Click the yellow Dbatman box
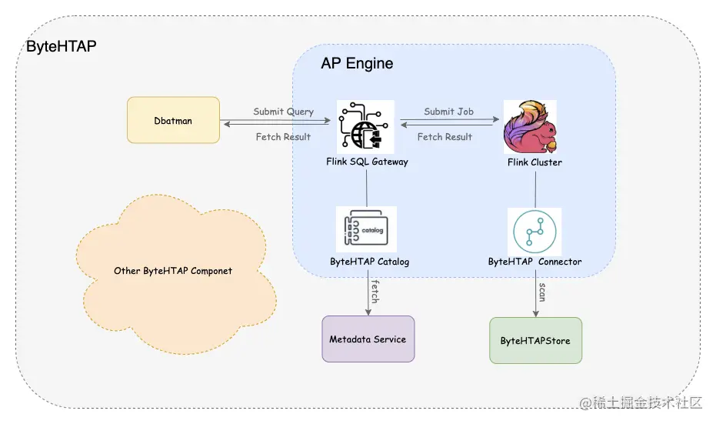(x=173, y=119)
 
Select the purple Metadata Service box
(x=368, y=339)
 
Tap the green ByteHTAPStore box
(x=535, y=340)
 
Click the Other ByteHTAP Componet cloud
(x=173, y=271)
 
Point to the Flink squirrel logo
(x=529, y=127)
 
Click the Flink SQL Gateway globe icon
(x=365, y=127)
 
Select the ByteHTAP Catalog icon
(x=366, y=229)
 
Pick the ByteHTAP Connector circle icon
(x=535, y=230)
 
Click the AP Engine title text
(x=357, y=64)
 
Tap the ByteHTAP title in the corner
(x=62, y=46)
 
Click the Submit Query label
(x=284, y=112)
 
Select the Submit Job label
(x=448, y=112)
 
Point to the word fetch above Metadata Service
(x=375, y=293)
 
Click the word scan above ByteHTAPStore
(x=542, y=292)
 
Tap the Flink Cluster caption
(x=535, y=162)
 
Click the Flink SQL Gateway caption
(x=367, y=162)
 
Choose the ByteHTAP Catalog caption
(x=369, y=262)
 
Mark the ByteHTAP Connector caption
(x=535, y=262)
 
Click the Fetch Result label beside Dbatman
(x=283, y=137)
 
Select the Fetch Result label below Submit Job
(x=445, y=137)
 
